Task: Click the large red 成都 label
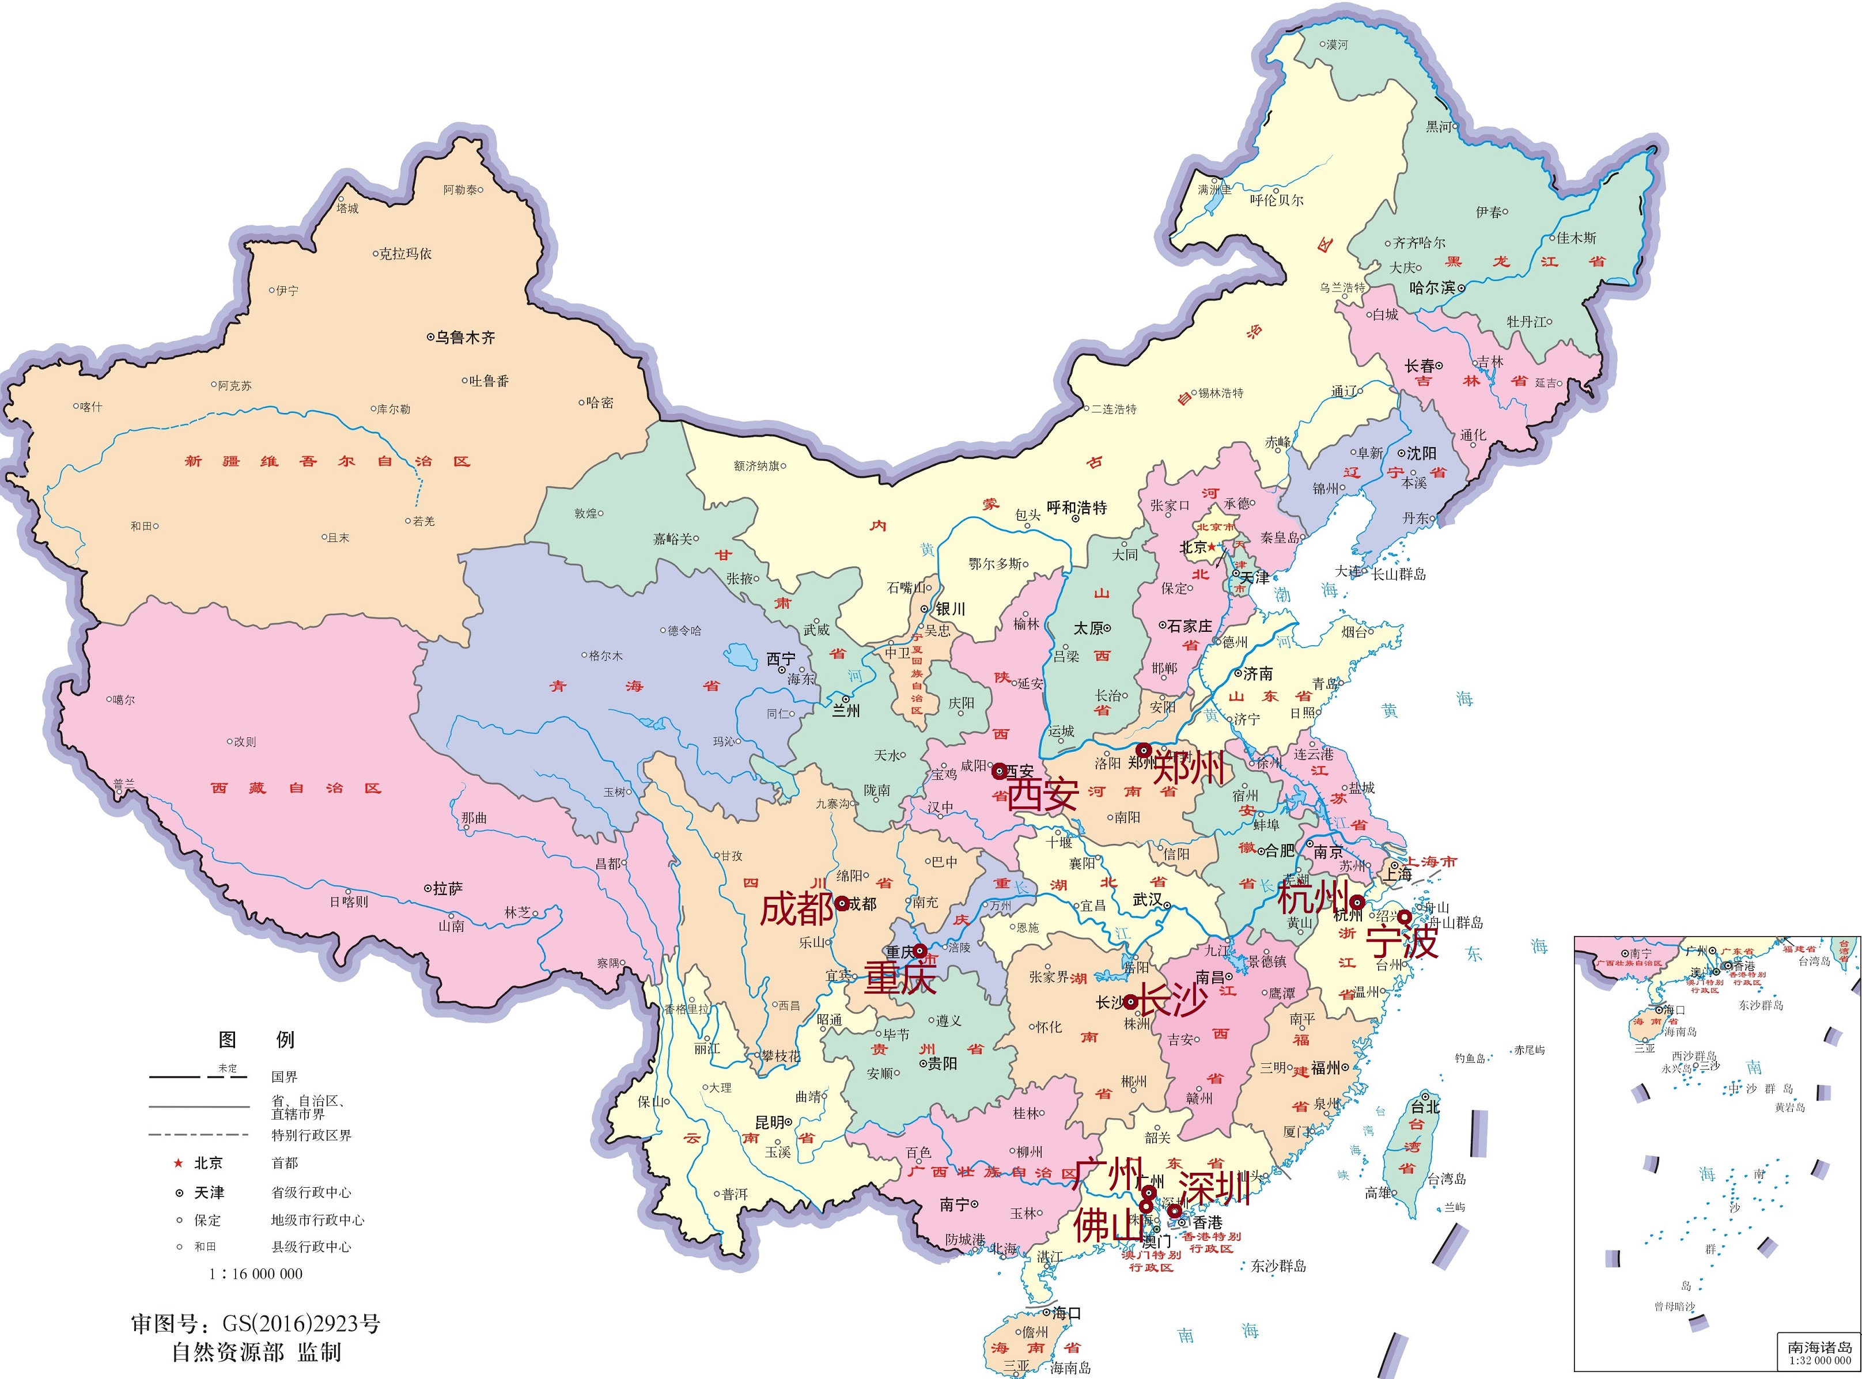pyautogui.click(x=796, y=908)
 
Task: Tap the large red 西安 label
pyautogui.click(x=1042, y=794)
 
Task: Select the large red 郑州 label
pyautogui.click(x=1189, y=766)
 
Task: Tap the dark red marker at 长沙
pyautogui.click(x=1130, y=1002)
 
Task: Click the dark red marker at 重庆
pyautogui.click(x=918, y=951)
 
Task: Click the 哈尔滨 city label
pyautogui.click(x=1432, y=287)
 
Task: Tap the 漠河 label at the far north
pyautogui.click(x=1337, y=44)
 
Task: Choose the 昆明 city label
pyautogui.click(x=769, y=1122)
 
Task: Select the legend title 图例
pyautogui.click(x=256, y=1039)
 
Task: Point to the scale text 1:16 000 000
pyautogui.click(x=255, y=1274)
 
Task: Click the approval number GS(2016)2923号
pyautogui.click(x=301, y=1323)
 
